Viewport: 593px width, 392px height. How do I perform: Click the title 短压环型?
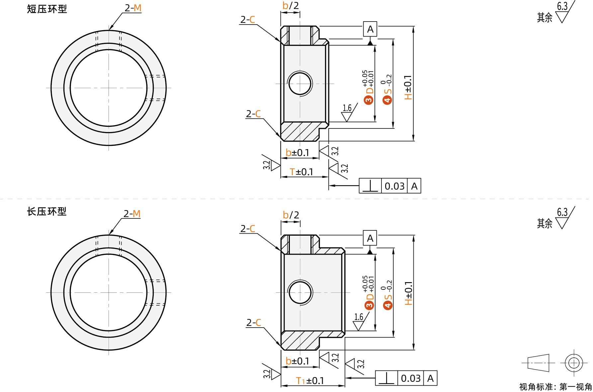(x=47, y=9)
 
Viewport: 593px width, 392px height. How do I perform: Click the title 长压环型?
(x=47, y=211)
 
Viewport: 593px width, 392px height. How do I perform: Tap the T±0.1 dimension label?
(x=301, y=172)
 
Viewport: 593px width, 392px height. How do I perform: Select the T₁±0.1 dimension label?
(x=310, y=381)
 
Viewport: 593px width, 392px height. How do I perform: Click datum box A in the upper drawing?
(x=370, y=29)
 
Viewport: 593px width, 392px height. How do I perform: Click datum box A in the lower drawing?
(x=370, y=238)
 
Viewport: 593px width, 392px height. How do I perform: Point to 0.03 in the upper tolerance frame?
(x=394, y=186)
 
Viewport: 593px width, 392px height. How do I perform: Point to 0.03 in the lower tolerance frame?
(x=411, y=378)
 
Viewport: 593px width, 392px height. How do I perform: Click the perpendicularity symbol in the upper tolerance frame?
(x=370, y=186)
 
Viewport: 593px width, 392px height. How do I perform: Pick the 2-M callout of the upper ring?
(x=133, y=8)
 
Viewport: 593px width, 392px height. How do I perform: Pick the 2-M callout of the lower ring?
(x=132, y=213)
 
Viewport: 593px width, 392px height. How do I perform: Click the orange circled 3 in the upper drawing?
(x=369, y=100)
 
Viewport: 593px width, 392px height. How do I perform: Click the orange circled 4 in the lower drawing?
(x=387, y=305)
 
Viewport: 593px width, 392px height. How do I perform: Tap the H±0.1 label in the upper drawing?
(x=408, y=87)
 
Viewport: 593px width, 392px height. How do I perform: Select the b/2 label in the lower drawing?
(x=291, y=215)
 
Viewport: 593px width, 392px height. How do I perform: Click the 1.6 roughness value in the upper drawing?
(x=347, y=108)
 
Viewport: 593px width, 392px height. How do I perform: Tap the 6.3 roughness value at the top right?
(x=562, y=6)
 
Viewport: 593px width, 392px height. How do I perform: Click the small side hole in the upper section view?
(x=300, y=84)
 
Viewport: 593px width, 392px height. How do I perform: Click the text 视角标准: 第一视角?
(x=555, y=387)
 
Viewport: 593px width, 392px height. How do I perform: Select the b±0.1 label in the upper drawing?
(x=297, y=153)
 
